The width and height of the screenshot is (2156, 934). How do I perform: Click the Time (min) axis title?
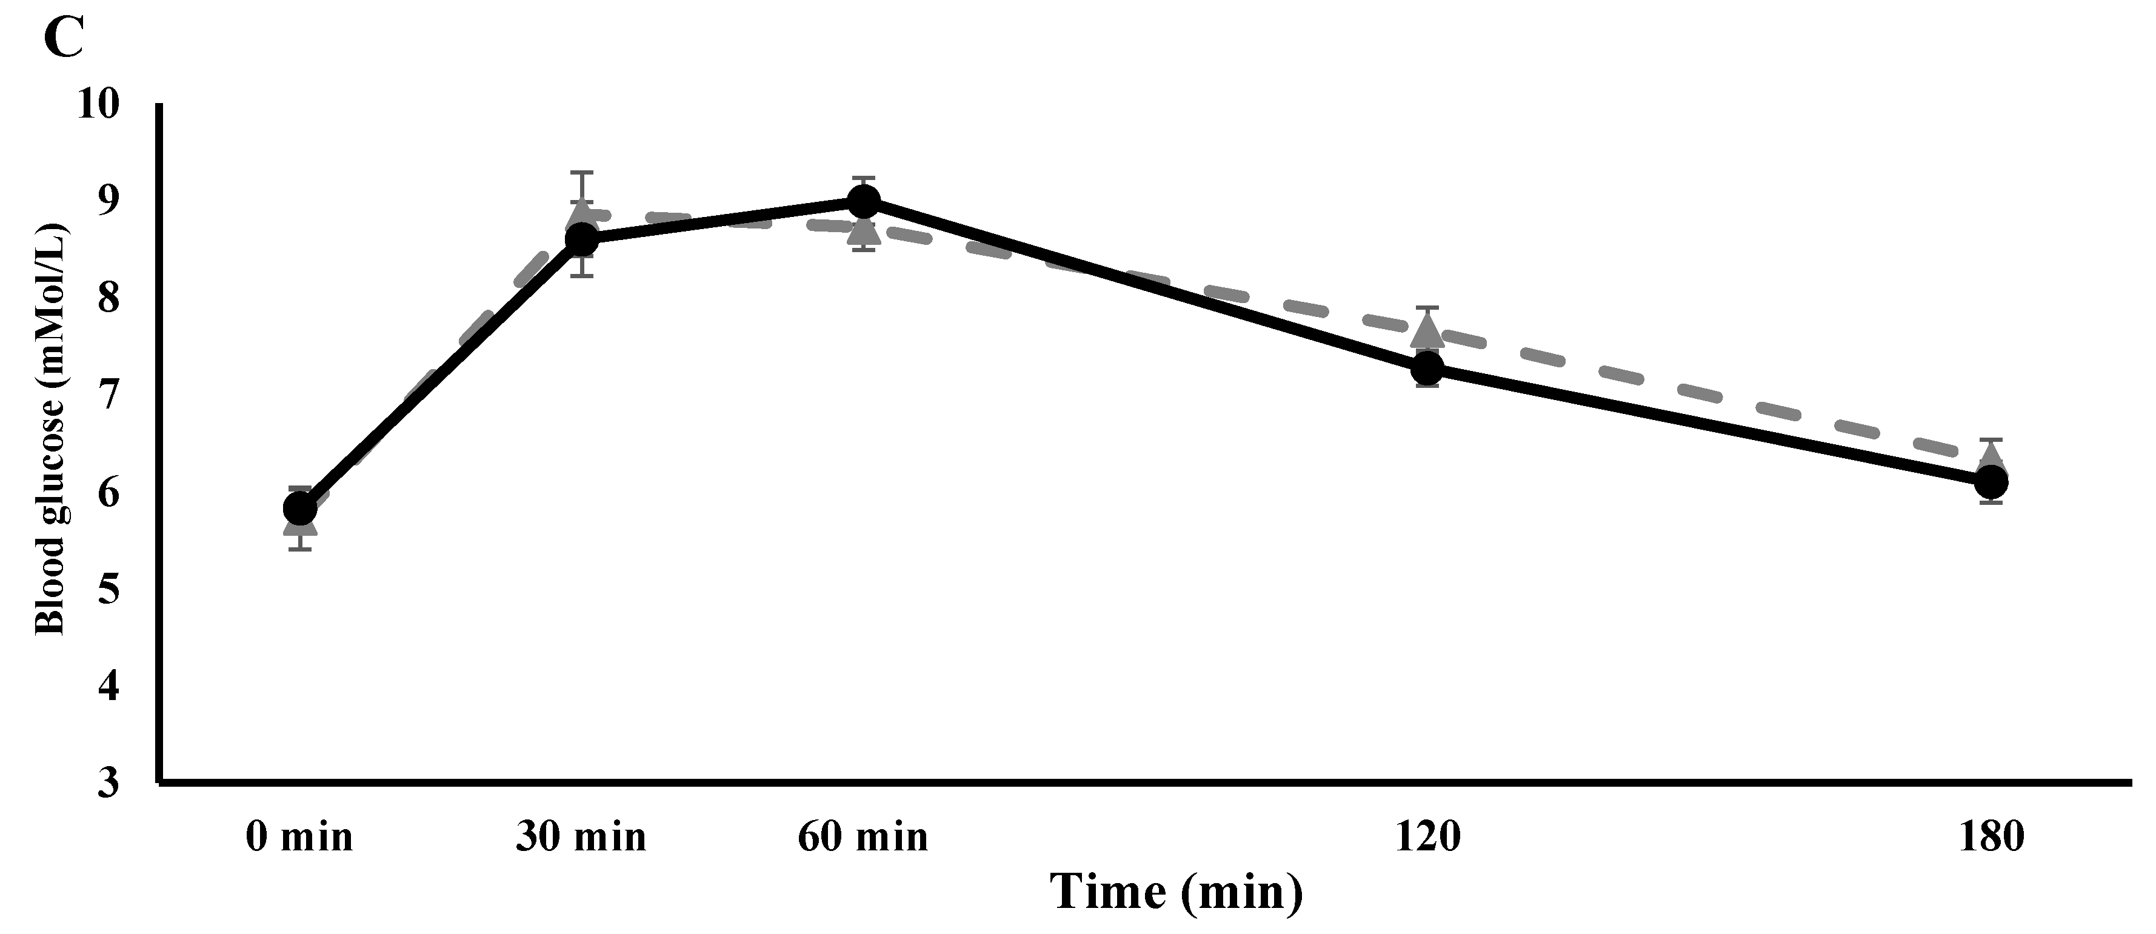1176,892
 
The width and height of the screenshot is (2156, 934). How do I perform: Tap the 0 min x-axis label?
299,837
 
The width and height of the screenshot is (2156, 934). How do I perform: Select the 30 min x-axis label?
581,837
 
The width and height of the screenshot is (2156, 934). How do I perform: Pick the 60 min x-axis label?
863,837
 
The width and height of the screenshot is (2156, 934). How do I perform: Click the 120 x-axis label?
1427,837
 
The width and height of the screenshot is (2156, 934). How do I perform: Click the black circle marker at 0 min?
301,507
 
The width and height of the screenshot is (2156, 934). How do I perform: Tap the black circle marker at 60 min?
864,201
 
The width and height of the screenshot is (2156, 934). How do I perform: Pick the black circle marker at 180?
1991,481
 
